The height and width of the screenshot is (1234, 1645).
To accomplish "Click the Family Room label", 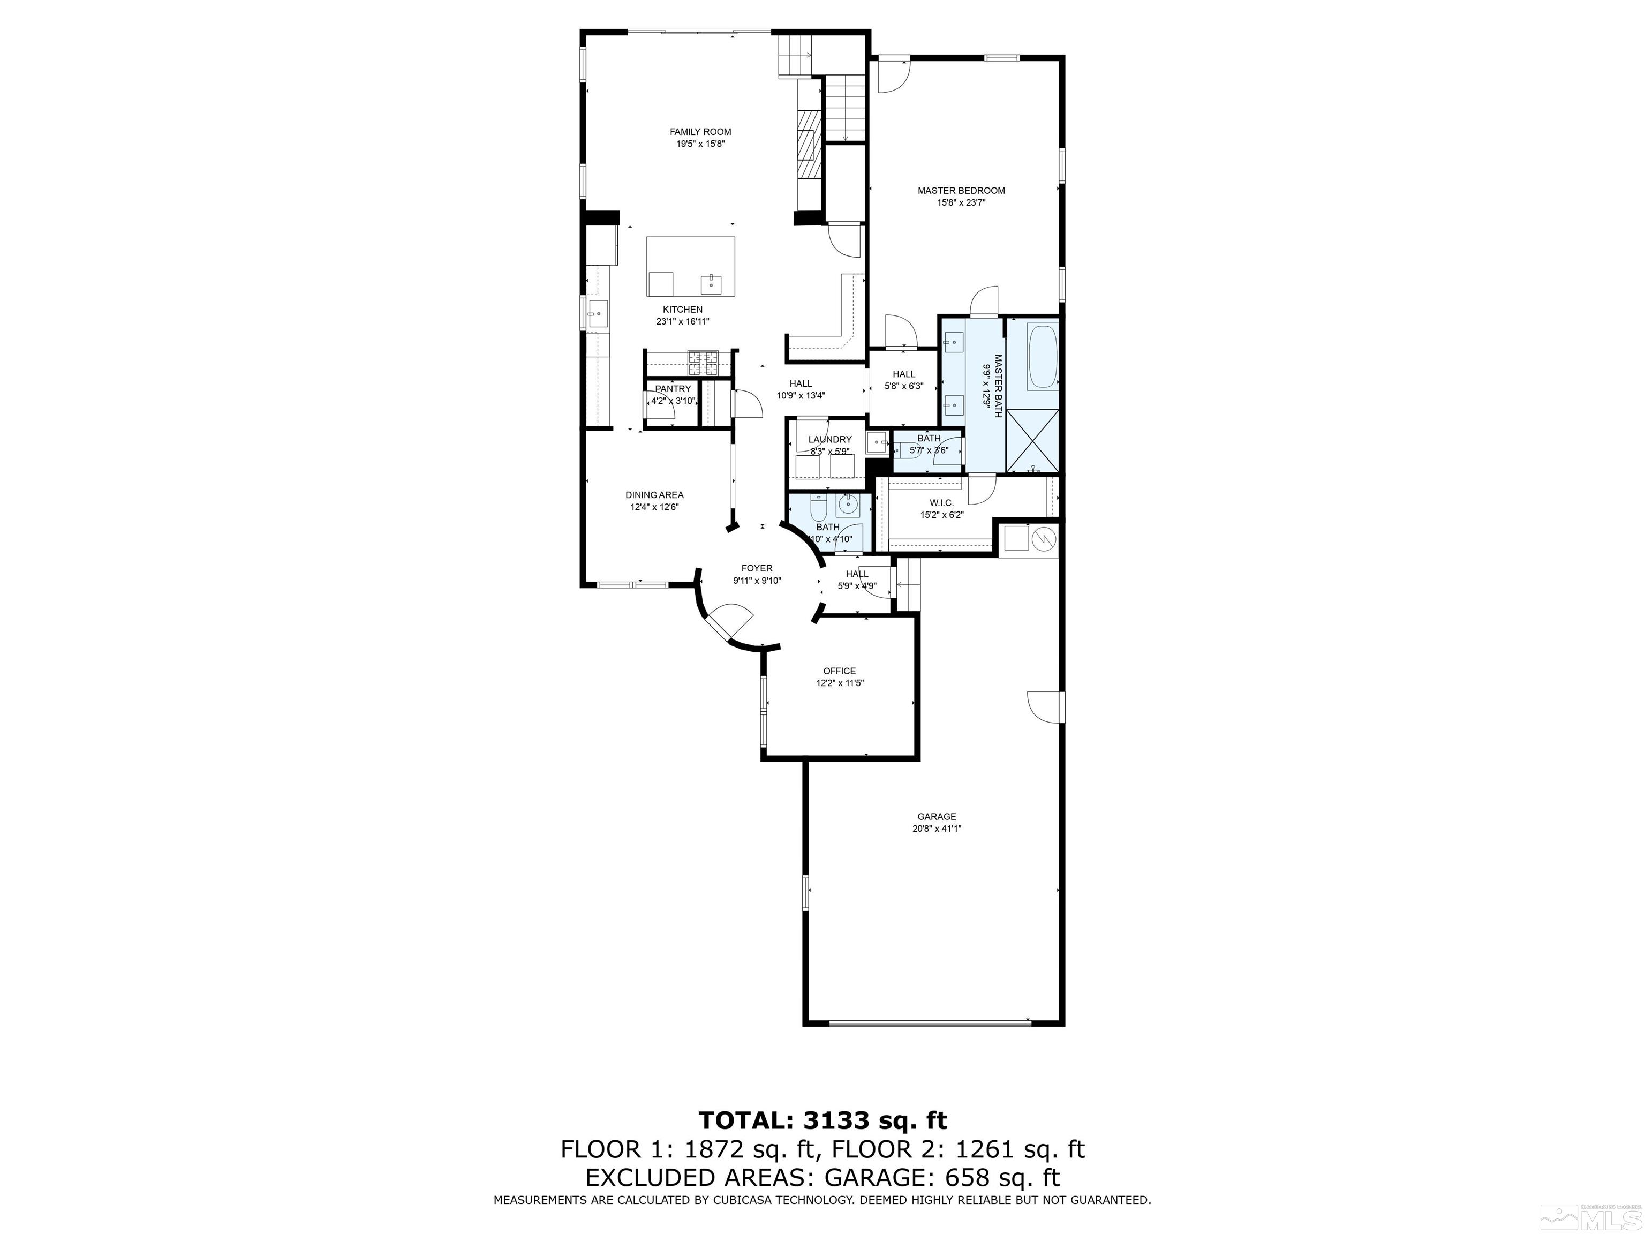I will click(700, 132).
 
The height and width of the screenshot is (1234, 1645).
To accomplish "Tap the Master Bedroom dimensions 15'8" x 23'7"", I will click(961, 202).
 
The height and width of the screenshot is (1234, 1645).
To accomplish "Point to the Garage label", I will click(936, 816).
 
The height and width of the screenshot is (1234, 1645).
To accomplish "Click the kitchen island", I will click(170, 266).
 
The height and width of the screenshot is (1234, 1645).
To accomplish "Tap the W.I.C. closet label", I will click(941, 503).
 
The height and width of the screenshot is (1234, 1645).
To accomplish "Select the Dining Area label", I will click(654, 495).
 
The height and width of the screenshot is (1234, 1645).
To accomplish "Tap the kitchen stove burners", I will click(182, 363).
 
